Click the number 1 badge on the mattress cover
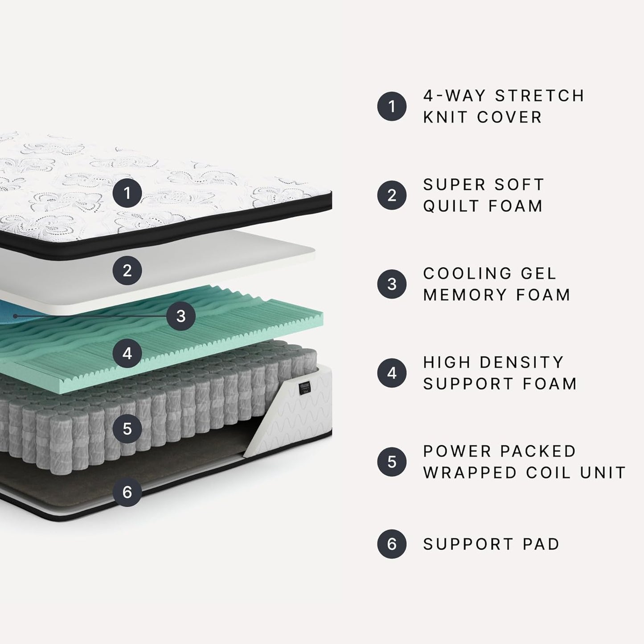coord(127,193)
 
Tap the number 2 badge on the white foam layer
coord(127,270)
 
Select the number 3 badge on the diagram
coord(180,316)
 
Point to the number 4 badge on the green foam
coord(127,353)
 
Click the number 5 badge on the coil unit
coord(127,429)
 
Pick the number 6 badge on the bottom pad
coord(127,492)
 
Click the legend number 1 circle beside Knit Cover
coord(392,107)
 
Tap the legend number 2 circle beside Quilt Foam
coord(392,195)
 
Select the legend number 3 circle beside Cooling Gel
coord(392,284)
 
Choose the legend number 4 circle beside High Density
coord(392,373)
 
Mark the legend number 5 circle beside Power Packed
coord(392,462)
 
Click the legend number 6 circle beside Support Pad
coord(392,544)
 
